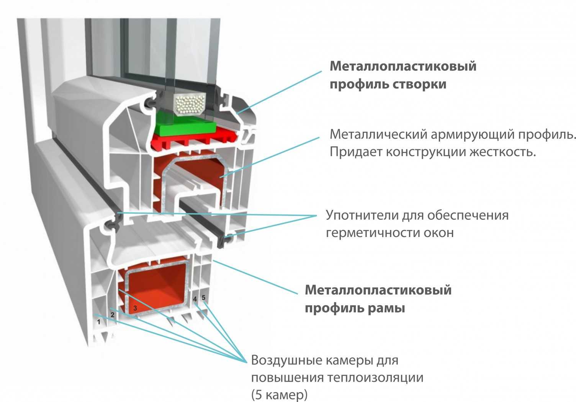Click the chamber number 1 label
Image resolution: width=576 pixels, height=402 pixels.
pos(99,322)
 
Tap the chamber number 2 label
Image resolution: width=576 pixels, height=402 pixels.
pos(112,315)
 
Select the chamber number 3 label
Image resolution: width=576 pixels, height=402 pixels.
pos(135,308)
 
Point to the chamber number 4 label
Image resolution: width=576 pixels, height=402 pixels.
pos(195,299)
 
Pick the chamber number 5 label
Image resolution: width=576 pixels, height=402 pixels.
pos(203,297)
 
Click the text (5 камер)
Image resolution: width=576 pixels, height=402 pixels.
pos(279,394)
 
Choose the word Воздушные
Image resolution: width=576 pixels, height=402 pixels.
pos(286,360)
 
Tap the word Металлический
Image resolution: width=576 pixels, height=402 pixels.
pos(378,134)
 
